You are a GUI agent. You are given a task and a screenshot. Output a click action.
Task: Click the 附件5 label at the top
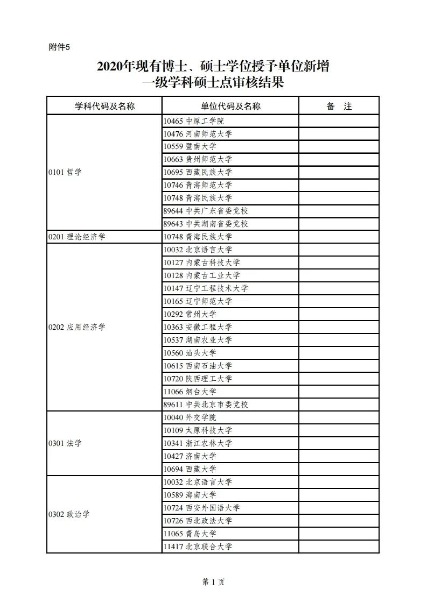pos(59,47)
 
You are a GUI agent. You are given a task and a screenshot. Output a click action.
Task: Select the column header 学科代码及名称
pos(104,106)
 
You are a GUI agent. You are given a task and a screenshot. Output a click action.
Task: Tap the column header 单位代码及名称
pos(230,106)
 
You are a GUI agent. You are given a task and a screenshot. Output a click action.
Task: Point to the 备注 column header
pos(339,106)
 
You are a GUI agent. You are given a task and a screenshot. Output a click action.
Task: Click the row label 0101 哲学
pos(65,173)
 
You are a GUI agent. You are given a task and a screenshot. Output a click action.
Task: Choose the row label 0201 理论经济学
pos(76,237)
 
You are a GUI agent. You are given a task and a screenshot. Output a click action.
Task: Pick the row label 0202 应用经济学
pos(76,327)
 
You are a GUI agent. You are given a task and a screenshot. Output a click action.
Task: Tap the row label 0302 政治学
pos(69,514)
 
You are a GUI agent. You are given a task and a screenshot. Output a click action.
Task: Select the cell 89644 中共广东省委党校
pos(206,211)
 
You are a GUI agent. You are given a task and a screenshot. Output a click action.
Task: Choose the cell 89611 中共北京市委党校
pos(206,405)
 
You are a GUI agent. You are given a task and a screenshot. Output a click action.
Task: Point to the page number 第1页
pos(213,582)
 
